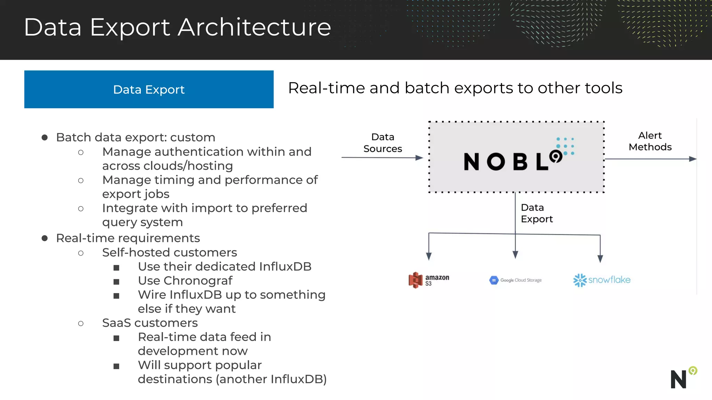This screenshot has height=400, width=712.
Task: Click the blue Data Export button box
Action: [x=149, y=89]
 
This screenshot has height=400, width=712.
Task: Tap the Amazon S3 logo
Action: [x=428, y=280]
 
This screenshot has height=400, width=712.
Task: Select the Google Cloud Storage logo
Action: [x=515, y=280]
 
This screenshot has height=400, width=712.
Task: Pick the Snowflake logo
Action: [x=601, y=280]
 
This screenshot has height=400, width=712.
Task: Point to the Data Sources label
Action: [x=382, y=143]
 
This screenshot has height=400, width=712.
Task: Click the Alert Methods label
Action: [x=650, y=141]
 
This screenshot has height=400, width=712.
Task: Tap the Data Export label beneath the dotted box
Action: [x=536, y=213]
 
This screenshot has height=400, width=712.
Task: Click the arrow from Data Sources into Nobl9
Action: [x=382, y=158]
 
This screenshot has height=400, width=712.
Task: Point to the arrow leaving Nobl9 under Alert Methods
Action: [x=650, y=159]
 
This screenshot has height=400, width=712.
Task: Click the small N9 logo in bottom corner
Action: [x=683, y=377]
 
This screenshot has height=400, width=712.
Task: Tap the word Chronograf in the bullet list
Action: [x=198, y=281]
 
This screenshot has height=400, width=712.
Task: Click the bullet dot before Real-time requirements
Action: [x=44, y=238]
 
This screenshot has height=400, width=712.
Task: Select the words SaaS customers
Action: [x=150, y=323]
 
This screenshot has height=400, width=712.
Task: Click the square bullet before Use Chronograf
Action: [x=116, y=282]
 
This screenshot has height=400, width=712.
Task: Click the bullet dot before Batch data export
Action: [x=44, y=137]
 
